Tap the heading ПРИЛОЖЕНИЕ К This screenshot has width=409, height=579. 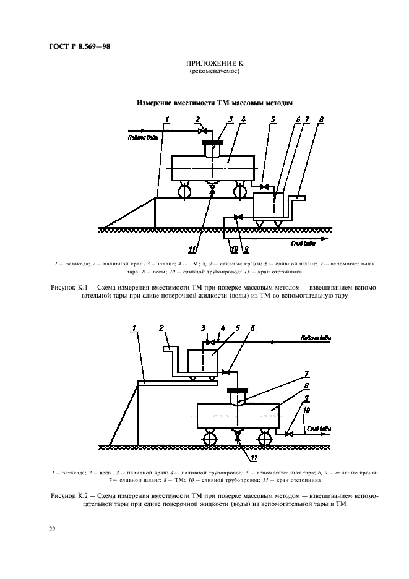[x=214, y=64]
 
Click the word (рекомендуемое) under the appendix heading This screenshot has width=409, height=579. [x=214, y=72]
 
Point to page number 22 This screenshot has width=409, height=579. [x=52, y=528]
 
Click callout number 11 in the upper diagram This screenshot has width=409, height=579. [x=192, y=249]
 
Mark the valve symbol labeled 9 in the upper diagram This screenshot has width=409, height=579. [x=237, y=217]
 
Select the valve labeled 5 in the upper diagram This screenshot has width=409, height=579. [x=264, y=187]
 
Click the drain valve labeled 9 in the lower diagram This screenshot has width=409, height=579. [x=288, y=434]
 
